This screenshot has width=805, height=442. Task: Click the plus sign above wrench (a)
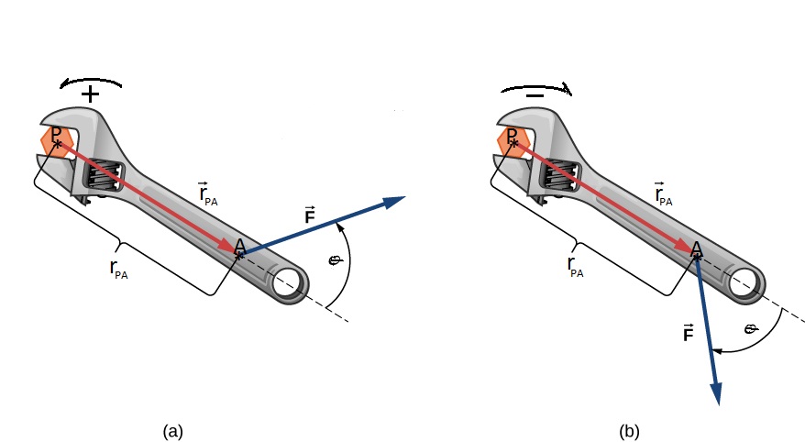91,94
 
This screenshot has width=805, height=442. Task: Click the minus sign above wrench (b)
535,95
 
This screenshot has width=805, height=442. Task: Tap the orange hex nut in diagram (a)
55,142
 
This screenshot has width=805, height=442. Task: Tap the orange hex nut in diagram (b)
513,141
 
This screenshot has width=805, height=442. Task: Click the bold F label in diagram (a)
309,215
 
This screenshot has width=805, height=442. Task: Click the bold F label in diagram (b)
689,333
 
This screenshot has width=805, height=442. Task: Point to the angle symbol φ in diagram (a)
336,260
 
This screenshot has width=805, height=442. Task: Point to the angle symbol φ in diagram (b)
752,328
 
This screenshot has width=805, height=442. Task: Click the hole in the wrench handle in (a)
287,285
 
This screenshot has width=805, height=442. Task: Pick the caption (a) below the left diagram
173,431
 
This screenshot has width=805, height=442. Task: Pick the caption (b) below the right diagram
629,431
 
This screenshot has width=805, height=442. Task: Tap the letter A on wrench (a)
239,247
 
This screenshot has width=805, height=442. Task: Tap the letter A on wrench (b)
697,249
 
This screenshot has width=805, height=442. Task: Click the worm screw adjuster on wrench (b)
560,176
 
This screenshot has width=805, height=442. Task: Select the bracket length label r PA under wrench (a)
118,269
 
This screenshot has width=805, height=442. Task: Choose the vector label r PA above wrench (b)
663,193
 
